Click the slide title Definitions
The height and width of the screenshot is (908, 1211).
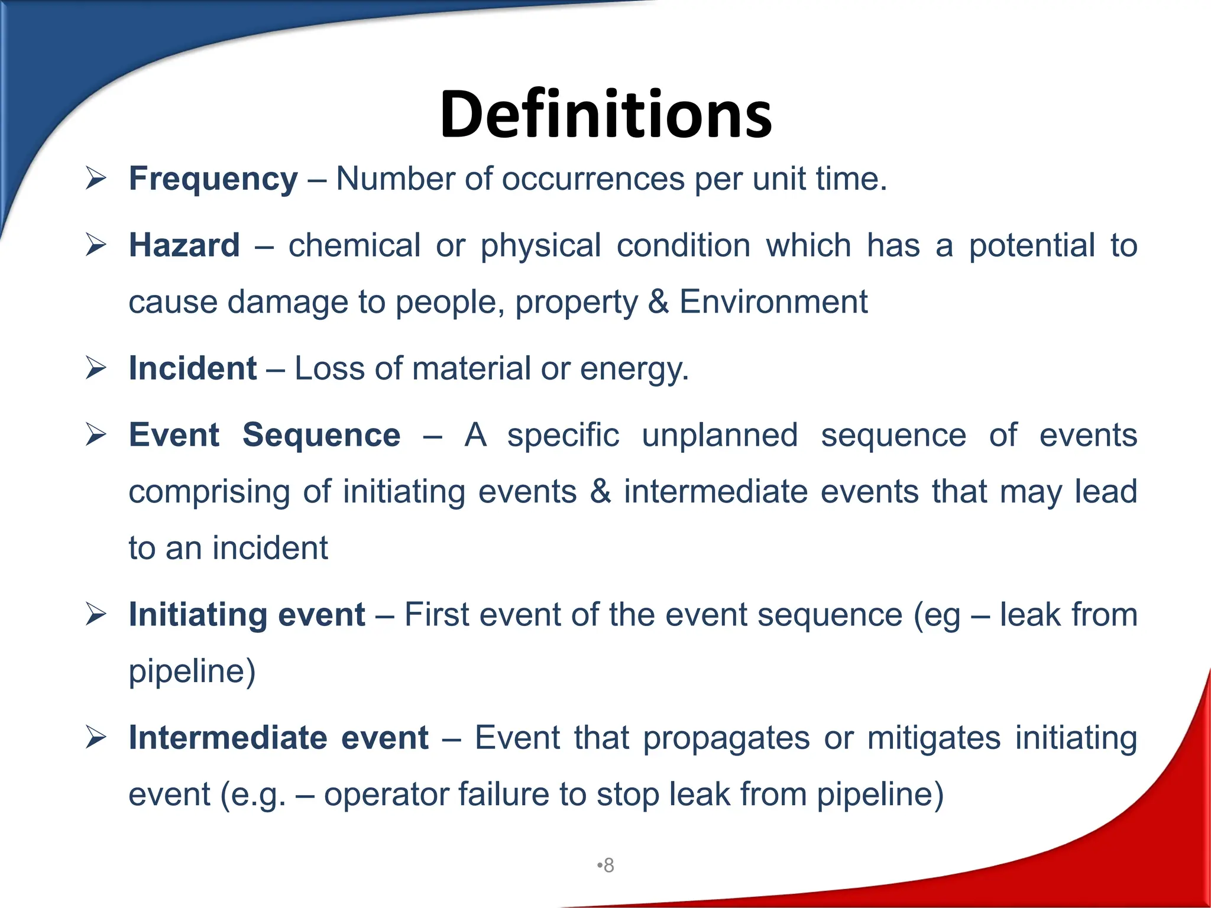605,114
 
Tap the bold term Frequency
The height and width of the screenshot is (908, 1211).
213,179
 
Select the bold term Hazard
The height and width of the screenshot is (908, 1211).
184,245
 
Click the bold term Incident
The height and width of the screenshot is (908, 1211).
192,368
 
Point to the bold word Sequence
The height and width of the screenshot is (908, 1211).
321,435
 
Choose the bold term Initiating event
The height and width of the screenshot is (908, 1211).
247,614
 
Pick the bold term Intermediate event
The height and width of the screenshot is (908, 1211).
278,738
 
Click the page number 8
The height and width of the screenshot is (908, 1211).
608,865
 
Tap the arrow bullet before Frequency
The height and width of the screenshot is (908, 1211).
95,178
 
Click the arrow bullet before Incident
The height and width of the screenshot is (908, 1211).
95,368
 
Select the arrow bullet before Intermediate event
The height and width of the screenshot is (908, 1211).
95,737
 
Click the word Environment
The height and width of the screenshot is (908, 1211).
773,302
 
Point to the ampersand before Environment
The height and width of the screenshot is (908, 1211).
658,302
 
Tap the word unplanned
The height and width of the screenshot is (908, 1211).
720,435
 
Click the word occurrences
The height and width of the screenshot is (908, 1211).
592,179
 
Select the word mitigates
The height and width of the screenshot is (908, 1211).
934,738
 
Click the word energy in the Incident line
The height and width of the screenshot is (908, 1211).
634,369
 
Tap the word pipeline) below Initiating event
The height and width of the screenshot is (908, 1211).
192,672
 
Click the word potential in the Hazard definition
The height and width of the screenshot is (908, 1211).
1032,245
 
